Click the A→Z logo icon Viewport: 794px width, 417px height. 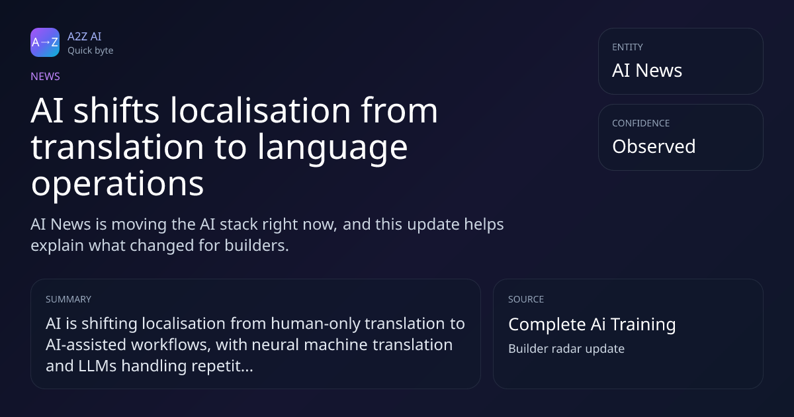coord(45,42)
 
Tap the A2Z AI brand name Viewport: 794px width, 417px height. coord(85,36)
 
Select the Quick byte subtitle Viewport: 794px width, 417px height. coord(91,51)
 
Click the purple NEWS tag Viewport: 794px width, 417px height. coord(45,77)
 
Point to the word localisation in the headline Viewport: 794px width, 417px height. coord(261,111)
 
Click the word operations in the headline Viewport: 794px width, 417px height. coord(117,184)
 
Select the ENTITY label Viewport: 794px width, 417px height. coord(627,47)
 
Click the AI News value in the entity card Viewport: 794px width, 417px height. coord(647,70)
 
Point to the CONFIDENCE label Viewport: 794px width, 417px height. coord(641,123)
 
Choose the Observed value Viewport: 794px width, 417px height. coord(654,146)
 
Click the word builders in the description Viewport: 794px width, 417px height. coord(257,246)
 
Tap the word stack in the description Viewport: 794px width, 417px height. coord(234,224)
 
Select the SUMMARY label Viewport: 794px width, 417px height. coord(68,299)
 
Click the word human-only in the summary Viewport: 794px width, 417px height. coord(316,324)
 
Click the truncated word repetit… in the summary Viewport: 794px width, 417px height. coord(222,366)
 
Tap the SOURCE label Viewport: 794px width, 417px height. coord(526,299)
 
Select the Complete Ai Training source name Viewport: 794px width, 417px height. coord(592,324)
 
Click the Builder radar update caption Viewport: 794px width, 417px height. coord(566,349)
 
